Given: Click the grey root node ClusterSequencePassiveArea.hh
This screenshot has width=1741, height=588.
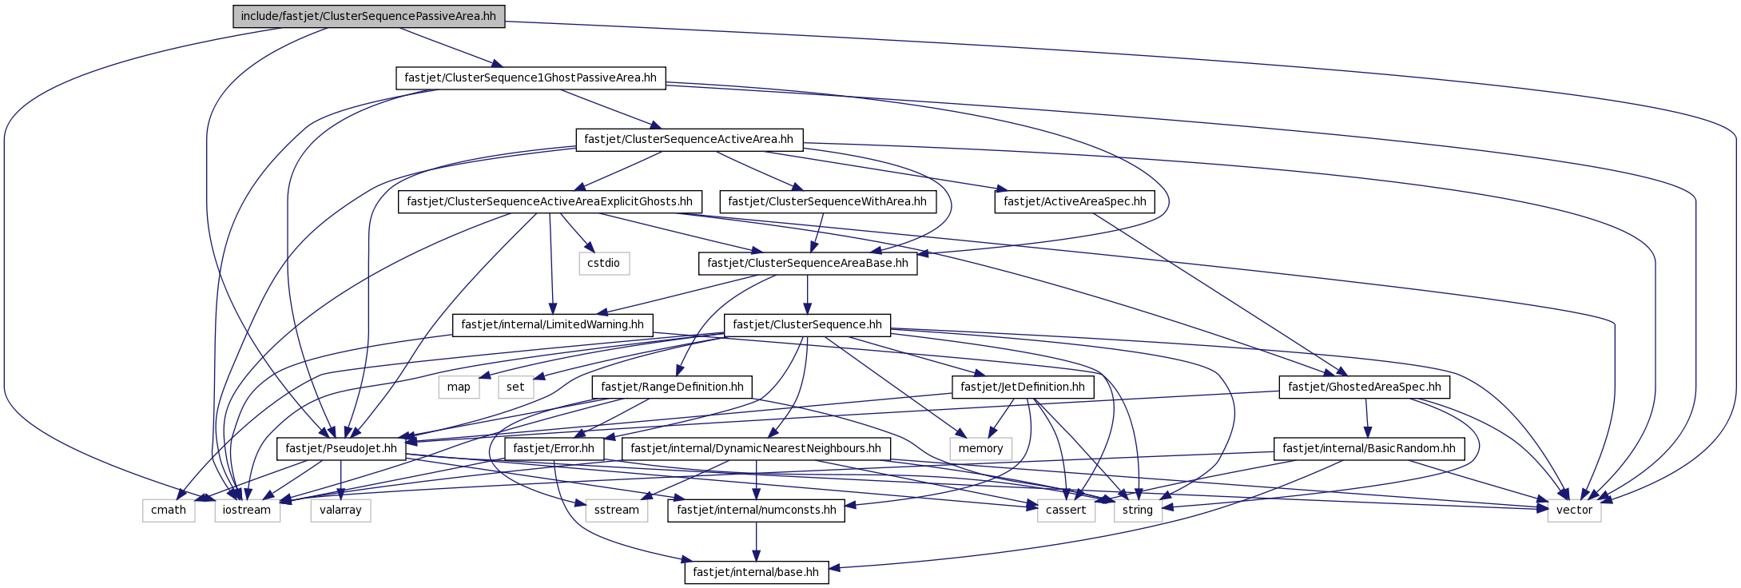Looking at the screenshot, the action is [x=368, y=16].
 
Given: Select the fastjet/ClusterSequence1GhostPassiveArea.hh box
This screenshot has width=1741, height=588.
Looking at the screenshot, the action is [x=531, y=77].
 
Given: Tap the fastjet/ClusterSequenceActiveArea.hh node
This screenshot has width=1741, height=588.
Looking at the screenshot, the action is [x=689, y=139].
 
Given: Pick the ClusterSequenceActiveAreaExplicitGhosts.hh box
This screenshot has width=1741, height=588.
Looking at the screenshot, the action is [x=550, y=201].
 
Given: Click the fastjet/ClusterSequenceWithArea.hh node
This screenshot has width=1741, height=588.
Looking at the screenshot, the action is [x=827, y=201].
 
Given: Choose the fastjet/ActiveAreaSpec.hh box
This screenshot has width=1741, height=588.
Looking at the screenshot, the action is [x=1075, y=201].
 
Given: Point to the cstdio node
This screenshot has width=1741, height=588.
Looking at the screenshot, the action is [x=604, y=263].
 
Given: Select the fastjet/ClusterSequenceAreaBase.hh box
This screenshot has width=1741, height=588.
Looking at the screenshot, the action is [x=808, y=263].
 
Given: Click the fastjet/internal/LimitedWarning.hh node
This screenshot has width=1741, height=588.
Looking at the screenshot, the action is [x=552, y=325].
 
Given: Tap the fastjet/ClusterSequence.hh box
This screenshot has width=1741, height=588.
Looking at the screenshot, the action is [x=807, y=324].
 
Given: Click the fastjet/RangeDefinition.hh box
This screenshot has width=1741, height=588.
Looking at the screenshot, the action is [x=672, y=387].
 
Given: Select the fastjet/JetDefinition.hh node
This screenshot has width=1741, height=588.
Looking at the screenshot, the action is [x=1023, y=387].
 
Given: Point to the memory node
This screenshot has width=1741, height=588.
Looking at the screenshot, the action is [x=980, y=448].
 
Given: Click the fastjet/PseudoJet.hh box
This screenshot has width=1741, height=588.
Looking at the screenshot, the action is [x=341, y=448].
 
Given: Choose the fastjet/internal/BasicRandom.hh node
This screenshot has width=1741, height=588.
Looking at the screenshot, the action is [x=1369, y=448].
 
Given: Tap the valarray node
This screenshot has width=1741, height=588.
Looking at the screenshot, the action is [x=340, y=510].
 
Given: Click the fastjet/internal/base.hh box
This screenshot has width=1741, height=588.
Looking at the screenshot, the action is [x=756, y=572].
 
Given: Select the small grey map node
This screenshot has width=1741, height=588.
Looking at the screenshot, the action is [x=459, y=387].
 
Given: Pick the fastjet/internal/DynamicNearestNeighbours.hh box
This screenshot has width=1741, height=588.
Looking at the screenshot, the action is [x=756, y=448].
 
